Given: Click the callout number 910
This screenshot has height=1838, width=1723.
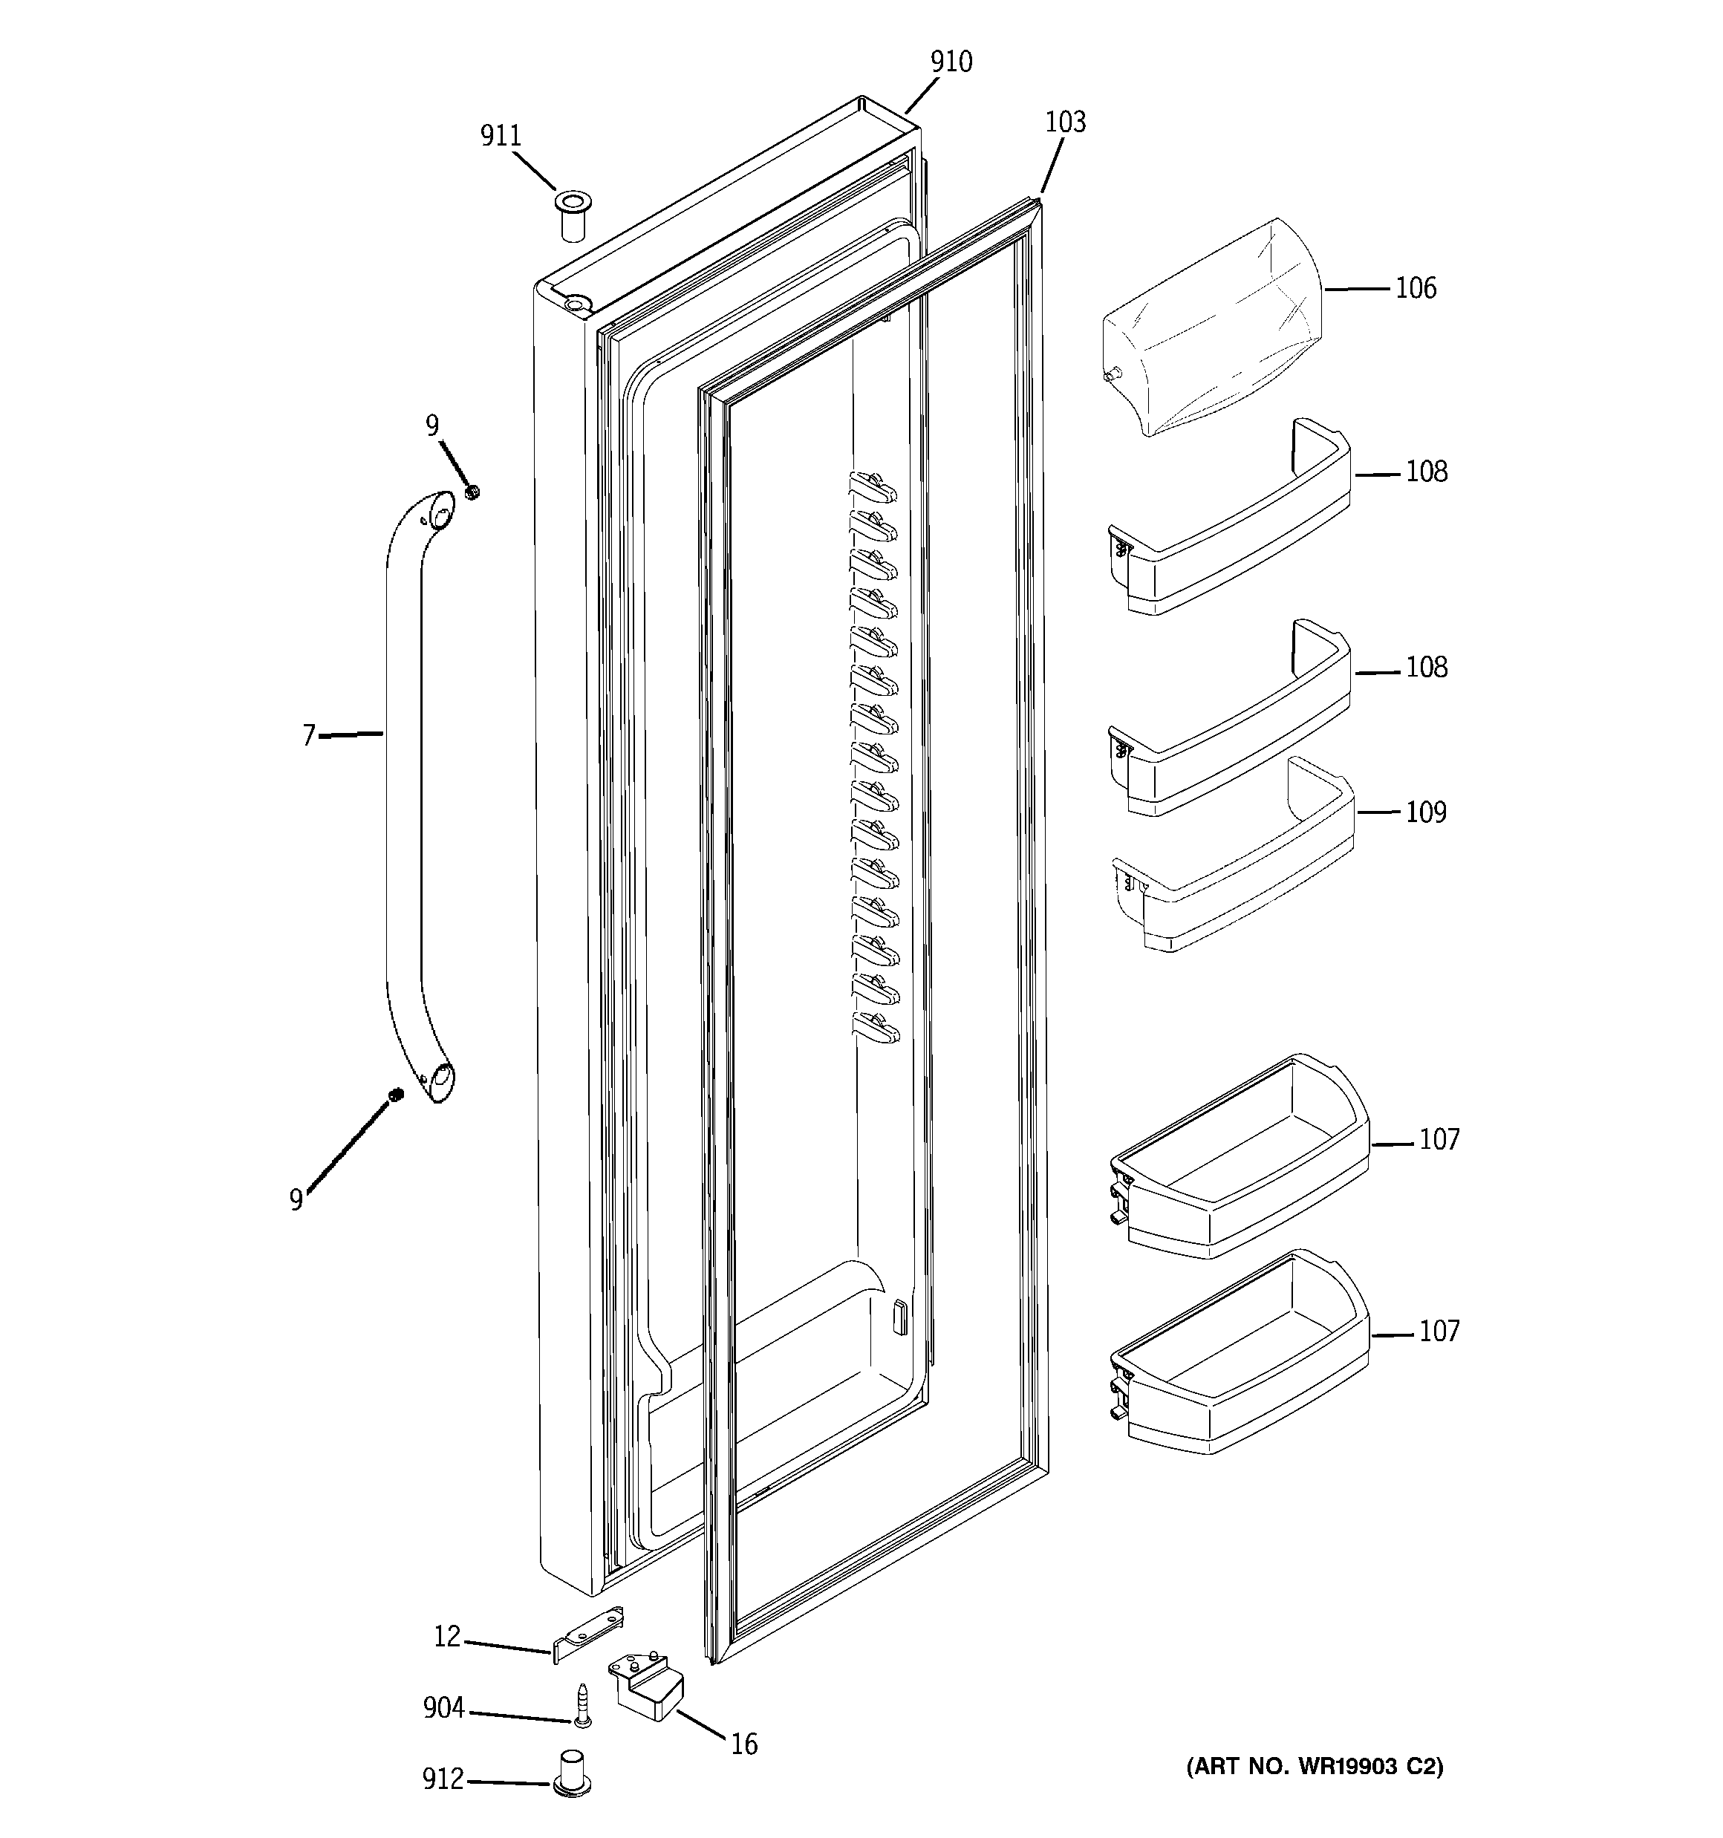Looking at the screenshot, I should (x=951, y=62).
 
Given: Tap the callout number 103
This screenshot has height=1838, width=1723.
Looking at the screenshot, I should (x=1066, y=122).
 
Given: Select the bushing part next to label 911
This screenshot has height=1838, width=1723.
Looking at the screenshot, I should (x=573, y=215).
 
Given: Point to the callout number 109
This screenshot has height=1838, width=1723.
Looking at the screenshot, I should (x=1425, y=812).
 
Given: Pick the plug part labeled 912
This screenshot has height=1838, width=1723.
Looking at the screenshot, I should (x=572, y=1773).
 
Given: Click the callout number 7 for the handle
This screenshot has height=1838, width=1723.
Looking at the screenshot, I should (x=309, y=736).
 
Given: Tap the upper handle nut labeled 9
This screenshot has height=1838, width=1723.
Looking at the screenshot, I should (x=472, y=492).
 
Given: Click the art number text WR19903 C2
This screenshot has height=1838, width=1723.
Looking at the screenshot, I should (x=1315, y=1767).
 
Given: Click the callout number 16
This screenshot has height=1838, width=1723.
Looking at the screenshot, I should (x=743, y=1744).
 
